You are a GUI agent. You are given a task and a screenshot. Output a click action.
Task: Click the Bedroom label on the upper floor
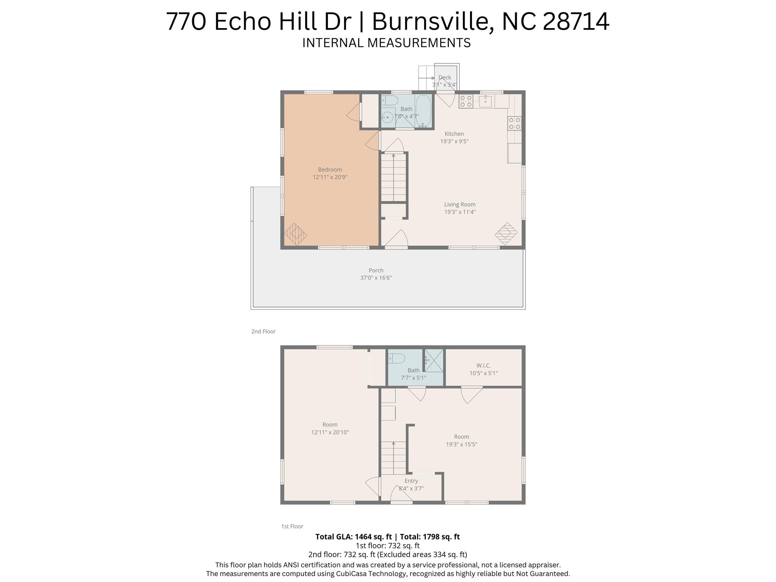point(330,169)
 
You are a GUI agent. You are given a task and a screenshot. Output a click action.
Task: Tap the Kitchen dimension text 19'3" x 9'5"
point(454,141)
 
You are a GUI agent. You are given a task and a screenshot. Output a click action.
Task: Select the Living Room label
point(460,204)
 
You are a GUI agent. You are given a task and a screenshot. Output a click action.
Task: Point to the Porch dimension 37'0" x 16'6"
point(376,278)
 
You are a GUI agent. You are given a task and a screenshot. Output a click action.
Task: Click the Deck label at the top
point(445,77)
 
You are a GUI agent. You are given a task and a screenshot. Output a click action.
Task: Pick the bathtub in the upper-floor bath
point(423,110)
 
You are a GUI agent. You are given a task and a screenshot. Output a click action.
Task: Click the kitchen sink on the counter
point(485,101)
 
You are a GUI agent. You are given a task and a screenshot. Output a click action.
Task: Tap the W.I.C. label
point(483,366)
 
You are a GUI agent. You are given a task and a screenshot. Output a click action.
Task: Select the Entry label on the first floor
point(411,481)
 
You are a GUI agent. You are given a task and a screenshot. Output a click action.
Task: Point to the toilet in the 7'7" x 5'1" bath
point(397,358)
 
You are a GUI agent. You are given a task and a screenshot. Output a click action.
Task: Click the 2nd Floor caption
point(263,331)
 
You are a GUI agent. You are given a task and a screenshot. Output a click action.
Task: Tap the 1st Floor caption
point(292,526)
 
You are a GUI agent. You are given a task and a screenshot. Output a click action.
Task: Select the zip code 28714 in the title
point(576,22)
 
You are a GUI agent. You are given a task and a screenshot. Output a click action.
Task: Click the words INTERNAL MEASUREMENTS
point(386,43)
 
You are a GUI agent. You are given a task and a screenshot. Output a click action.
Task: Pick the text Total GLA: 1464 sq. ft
point(353,537)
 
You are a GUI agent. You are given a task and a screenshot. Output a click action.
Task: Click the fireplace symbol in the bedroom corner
point(295,234)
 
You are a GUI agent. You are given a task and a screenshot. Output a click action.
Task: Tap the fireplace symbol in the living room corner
point(506,233)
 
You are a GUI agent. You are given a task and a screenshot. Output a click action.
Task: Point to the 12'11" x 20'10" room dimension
point(330,432)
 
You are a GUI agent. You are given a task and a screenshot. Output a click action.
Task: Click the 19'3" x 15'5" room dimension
point(461,444)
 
